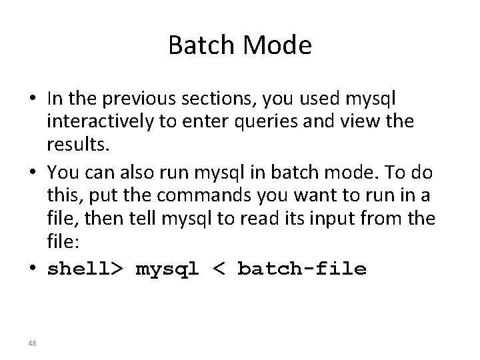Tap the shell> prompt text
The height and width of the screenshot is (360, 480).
point(85,269)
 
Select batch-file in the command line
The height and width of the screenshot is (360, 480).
point(301,269)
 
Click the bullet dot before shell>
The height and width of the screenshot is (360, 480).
point(34,269)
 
